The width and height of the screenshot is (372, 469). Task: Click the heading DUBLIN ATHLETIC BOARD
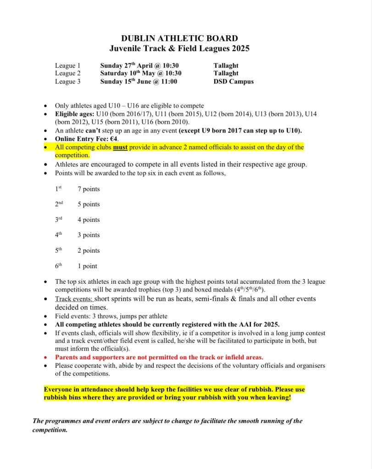tap(179, 39)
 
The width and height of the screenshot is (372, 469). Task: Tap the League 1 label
tap(68, 66)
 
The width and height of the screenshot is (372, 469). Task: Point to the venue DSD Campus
tap(233, 82)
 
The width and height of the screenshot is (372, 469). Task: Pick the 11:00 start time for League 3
tap(168, 82)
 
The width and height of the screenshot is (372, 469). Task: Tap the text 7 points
tap(89, 189)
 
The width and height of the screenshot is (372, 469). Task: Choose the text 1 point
tap(87, 266)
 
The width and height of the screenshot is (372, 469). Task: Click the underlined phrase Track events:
tap(74, 299)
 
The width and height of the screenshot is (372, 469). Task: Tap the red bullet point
tap(46, 357)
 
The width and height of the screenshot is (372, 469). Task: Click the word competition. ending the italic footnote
tap(50, 430)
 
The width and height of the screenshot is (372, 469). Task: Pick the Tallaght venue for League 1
tap(226, 66)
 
